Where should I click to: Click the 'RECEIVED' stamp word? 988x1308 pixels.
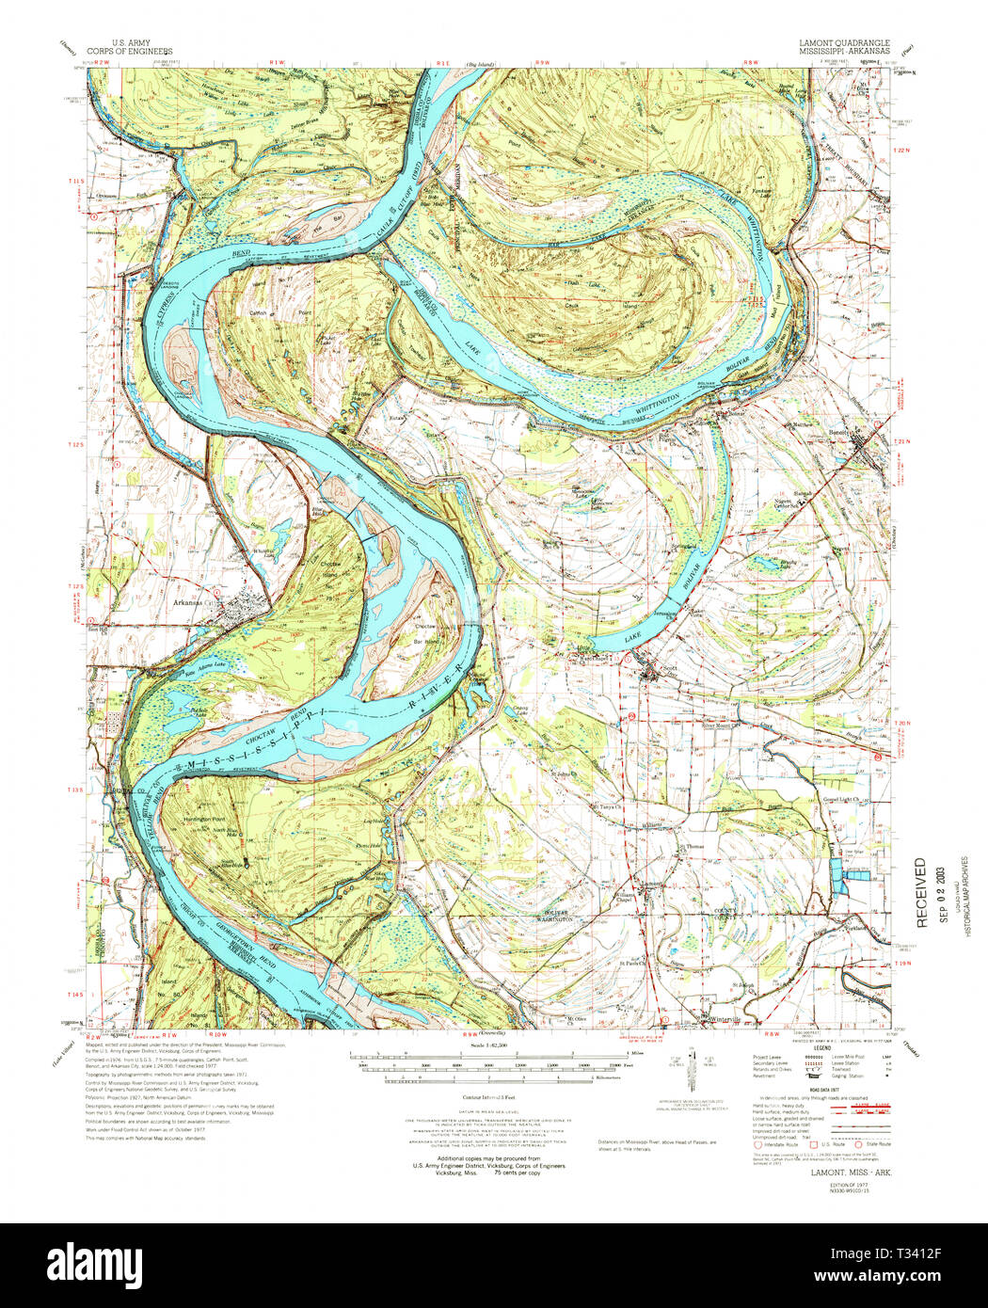tap(921, 891)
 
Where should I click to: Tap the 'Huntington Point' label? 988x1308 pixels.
tap(206, 819)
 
